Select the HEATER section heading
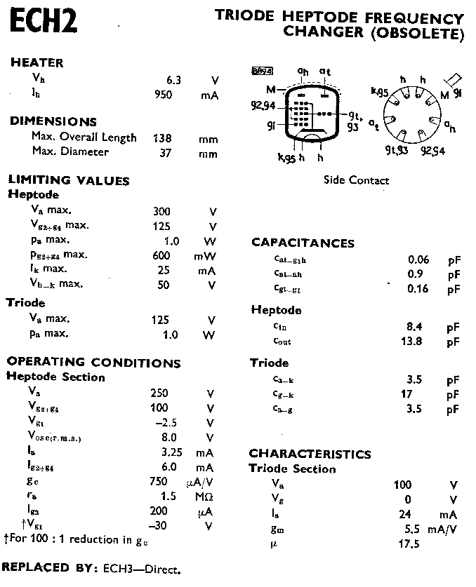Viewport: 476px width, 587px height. point(37,62)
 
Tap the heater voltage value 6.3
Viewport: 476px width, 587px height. point(174,80)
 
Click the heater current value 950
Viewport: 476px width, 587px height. point(164,94)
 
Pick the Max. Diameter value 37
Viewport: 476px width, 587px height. point(166,152)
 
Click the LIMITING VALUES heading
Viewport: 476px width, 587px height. point(68,180)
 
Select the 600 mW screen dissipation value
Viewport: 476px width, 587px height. point(161,255)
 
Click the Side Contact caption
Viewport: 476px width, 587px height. point(356,180)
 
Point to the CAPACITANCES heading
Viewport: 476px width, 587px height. point(303,243)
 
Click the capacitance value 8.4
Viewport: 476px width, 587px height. point(414,326)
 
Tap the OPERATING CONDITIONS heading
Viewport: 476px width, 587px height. point(93,363)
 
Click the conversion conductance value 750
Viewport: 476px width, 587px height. point(159,481)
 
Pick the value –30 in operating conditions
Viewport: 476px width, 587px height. point(160,526)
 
